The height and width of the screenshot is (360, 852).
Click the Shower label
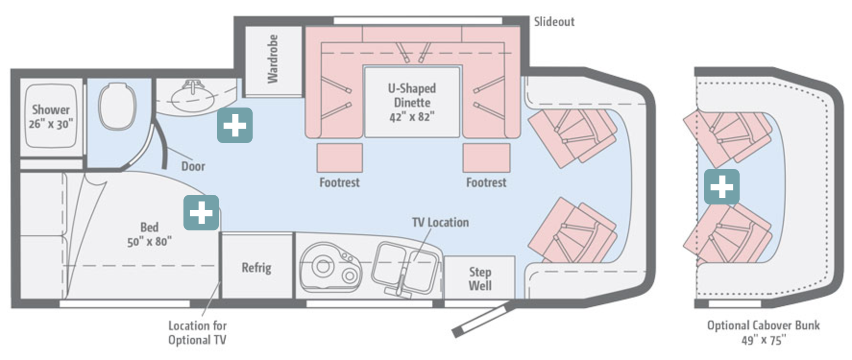[51, 110]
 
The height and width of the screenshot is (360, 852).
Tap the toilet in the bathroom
[116, 106]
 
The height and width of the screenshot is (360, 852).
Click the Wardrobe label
[272, 59]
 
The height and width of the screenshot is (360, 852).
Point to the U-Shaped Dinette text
[412, 95]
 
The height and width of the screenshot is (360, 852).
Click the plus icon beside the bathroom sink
[234, 125]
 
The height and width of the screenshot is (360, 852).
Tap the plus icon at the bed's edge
[201, 212]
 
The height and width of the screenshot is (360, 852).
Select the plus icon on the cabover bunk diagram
[721, 186]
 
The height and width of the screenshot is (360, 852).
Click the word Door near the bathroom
[193, 166]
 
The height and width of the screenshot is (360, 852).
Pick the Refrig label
[256, 267]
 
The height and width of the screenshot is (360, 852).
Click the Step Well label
[480, 279]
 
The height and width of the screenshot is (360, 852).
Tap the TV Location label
[440, 222]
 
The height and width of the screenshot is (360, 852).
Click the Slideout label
[554, 22]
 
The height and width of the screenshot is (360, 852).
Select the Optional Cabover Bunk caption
[763, 325]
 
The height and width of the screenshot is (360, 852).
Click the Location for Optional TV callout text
[197, 333]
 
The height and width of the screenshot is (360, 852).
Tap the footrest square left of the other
[340, 158]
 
